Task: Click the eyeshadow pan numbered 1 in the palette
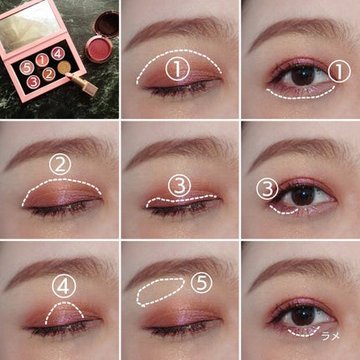(x=42, y=59)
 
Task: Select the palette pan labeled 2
(x=49, y=75)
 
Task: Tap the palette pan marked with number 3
(x=33, y=82)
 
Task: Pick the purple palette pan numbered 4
(x=58, y=54)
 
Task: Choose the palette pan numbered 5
(x=27, y=67)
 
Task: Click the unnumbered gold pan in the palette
(x=64, y=67)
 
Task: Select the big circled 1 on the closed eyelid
(x=177, y=69)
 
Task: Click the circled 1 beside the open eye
(x=339, y=71)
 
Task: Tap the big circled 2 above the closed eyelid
(x=60, y=165)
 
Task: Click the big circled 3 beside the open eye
(x=267, y=188)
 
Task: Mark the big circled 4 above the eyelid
(x=64, y=286)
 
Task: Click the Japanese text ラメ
(x=331, y=336)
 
